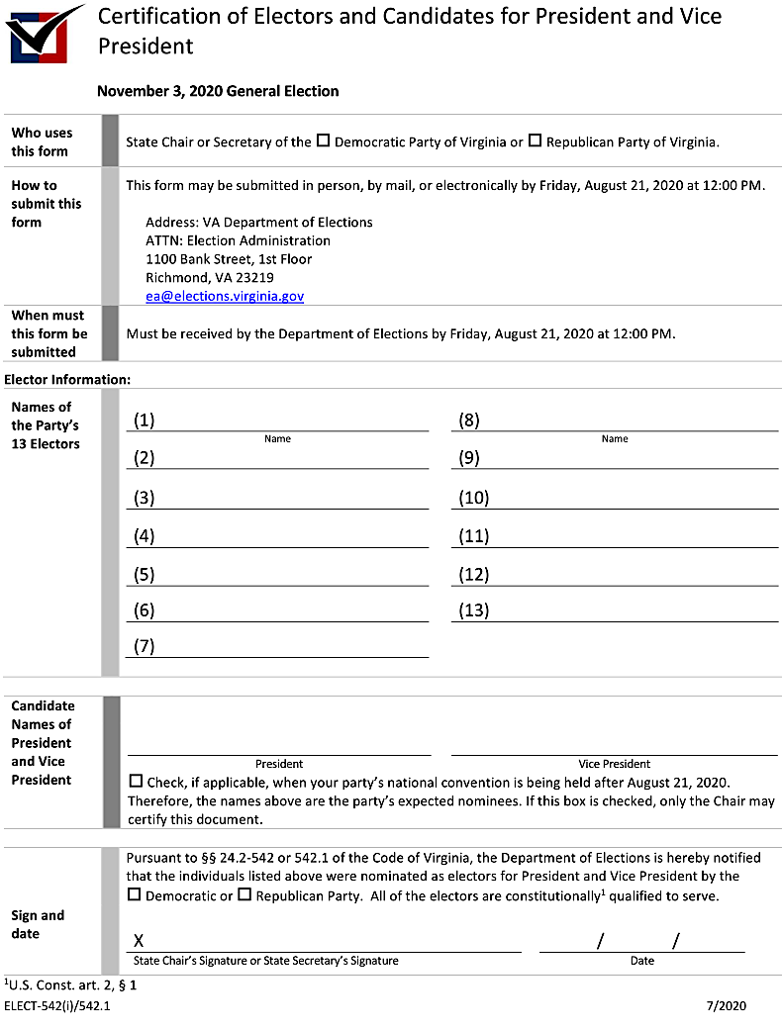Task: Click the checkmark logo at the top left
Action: [45, 33]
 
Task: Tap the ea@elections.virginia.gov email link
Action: [225, 296]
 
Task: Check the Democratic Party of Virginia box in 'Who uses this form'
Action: [323, 140]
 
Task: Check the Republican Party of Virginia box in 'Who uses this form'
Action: [535, 140]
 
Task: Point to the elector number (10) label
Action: [474, 498]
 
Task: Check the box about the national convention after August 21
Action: [136, 782]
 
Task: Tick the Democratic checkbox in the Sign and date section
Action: [135, 894]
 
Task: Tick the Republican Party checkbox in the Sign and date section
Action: [244, 894]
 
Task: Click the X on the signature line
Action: [139, 940]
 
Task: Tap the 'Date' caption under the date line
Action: [641, 961]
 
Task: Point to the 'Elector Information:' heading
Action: [67, 379]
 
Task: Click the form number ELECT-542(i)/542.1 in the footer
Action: [57, 1006]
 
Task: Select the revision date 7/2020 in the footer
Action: [726, 1006]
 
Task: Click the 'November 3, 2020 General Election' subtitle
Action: [218, 91]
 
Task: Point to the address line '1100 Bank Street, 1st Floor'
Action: [229, 259]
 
